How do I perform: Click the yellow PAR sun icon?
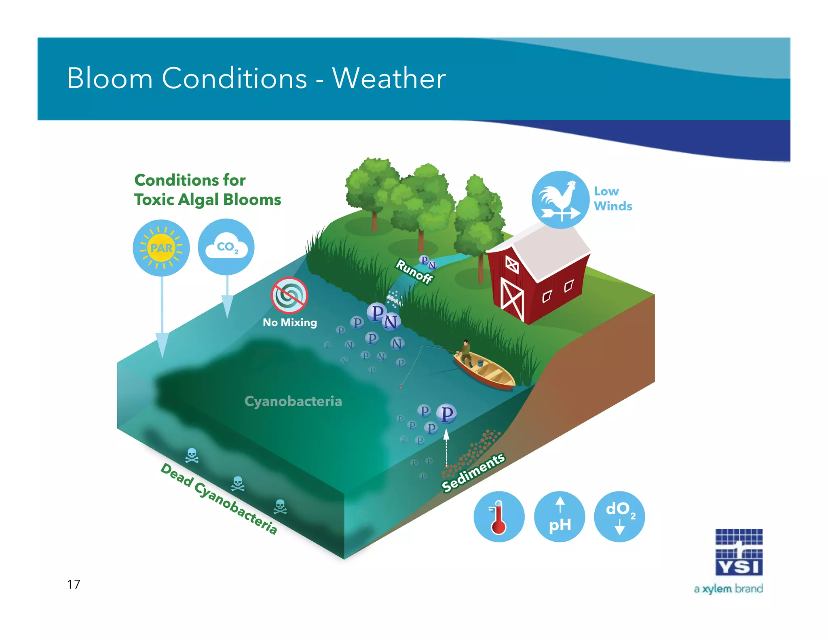161,248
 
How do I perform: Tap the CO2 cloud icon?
226,247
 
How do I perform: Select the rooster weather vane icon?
560,199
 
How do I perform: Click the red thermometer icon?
499,517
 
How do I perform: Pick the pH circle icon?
560,517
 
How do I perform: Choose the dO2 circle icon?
619,517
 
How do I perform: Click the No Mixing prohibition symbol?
289,295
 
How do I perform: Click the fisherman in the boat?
466,352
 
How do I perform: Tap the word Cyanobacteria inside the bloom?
293,401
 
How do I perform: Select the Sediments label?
473,472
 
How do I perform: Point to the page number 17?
74,584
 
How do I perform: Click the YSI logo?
739,552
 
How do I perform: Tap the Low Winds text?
613,199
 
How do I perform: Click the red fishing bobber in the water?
401,386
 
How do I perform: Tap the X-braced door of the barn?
512,299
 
